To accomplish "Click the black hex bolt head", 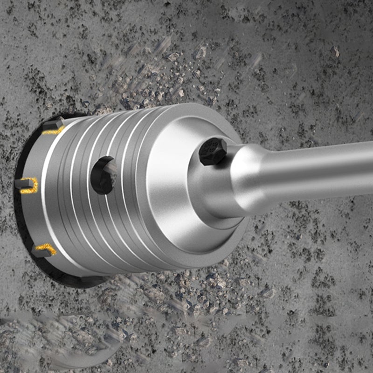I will pyautogui.click(x=213, y=152).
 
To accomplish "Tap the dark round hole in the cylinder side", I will pyautogui.click(x=103, y=175).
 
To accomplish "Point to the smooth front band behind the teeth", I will pyautogui.click(x=51, y=196).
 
